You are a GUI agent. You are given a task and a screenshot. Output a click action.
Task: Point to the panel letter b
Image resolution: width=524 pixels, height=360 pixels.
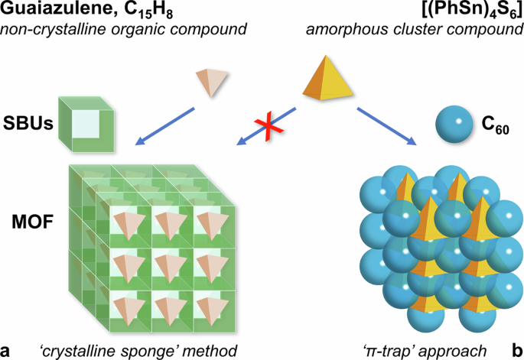click(x=517, y=349)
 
